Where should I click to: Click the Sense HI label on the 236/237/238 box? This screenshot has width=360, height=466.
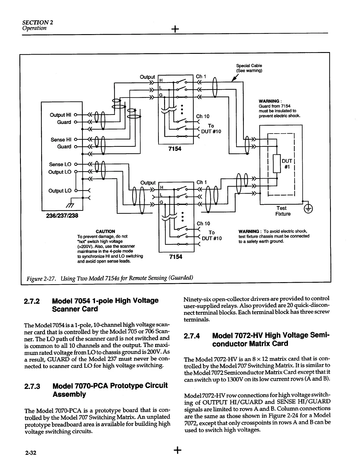pos(61,139)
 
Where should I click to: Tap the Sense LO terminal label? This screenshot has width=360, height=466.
pos(60,164)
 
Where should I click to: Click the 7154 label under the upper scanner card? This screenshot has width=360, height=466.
pos(175,149)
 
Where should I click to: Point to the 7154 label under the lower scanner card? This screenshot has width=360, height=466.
pos(176,257)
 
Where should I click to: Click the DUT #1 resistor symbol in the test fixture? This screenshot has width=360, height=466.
pos(277,163)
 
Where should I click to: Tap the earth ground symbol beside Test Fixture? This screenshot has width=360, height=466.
pos(308,209)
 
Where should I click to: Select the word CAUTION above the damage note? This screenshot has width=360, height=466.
pos(105,231)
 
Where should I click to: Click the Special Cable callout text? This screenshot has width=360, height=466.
pos(249,68)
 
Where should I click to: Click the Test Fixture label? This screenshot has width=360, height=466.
pos(283,211)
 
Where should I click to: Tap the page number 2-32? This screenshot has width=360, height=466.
pos(30,452)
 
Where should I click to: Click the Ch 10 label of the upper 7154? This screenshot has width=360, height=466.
pos(203,116)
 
